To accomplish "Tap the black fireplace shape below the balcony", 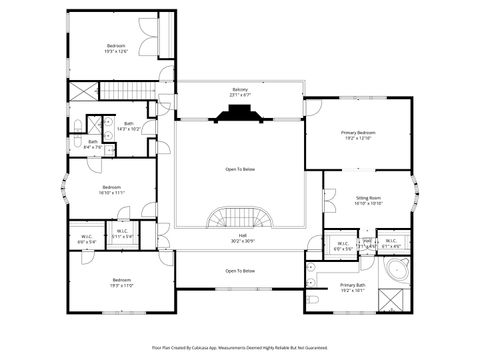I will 240,113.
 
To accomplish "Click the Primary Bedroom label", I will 358,135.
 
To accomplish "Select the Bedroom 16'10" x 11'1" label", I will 111,190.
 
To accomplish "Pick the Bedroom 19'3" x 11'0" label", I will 122,283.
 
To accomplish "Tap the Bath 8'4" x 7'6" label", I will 93,145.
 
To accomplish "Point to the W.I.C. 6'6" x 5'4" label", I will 88,240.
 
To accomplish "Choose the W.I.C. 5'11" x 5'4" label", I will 122,234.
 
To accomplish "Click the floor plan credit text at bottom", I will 240,347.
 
